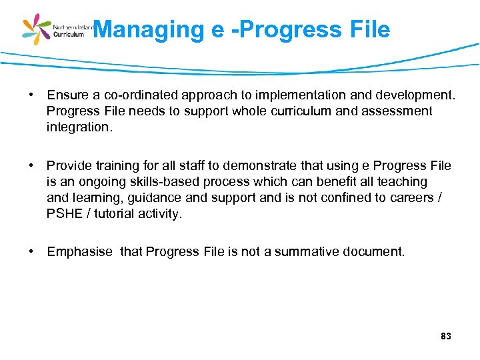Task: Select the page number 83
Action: click(x=446, y=337)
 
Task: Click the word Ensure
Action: click(x=67, y=95)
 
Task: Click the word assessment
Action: click(x=397, y=111)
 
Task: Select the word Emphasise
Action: click(x=79, y=252)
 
